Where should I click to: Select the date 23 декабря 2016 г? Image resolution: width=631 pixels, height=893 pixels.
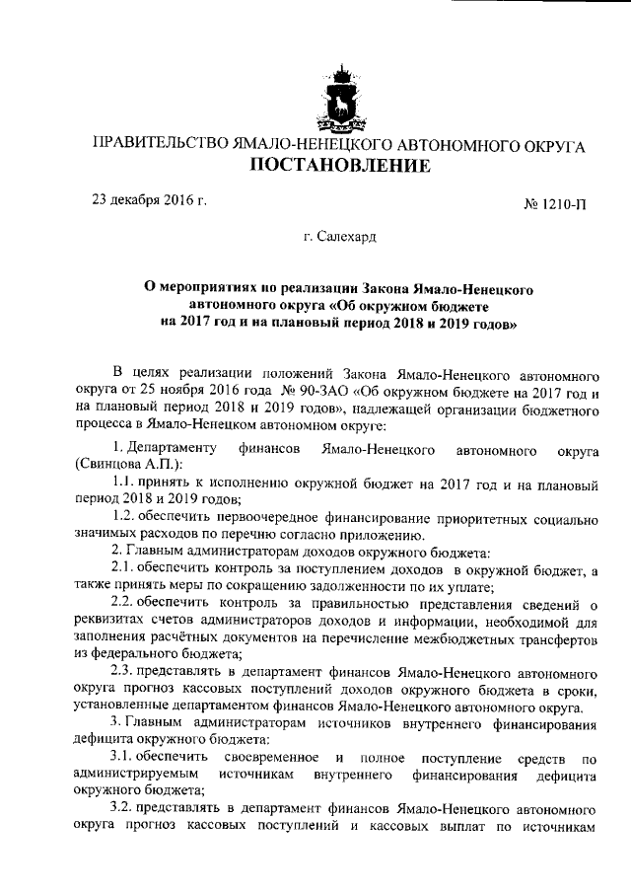pyautogui.click(x=149, y=199)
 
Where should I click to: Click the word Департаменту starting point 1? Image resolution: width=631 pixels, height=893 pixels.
pyautogui.click(x=173, y=449)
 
